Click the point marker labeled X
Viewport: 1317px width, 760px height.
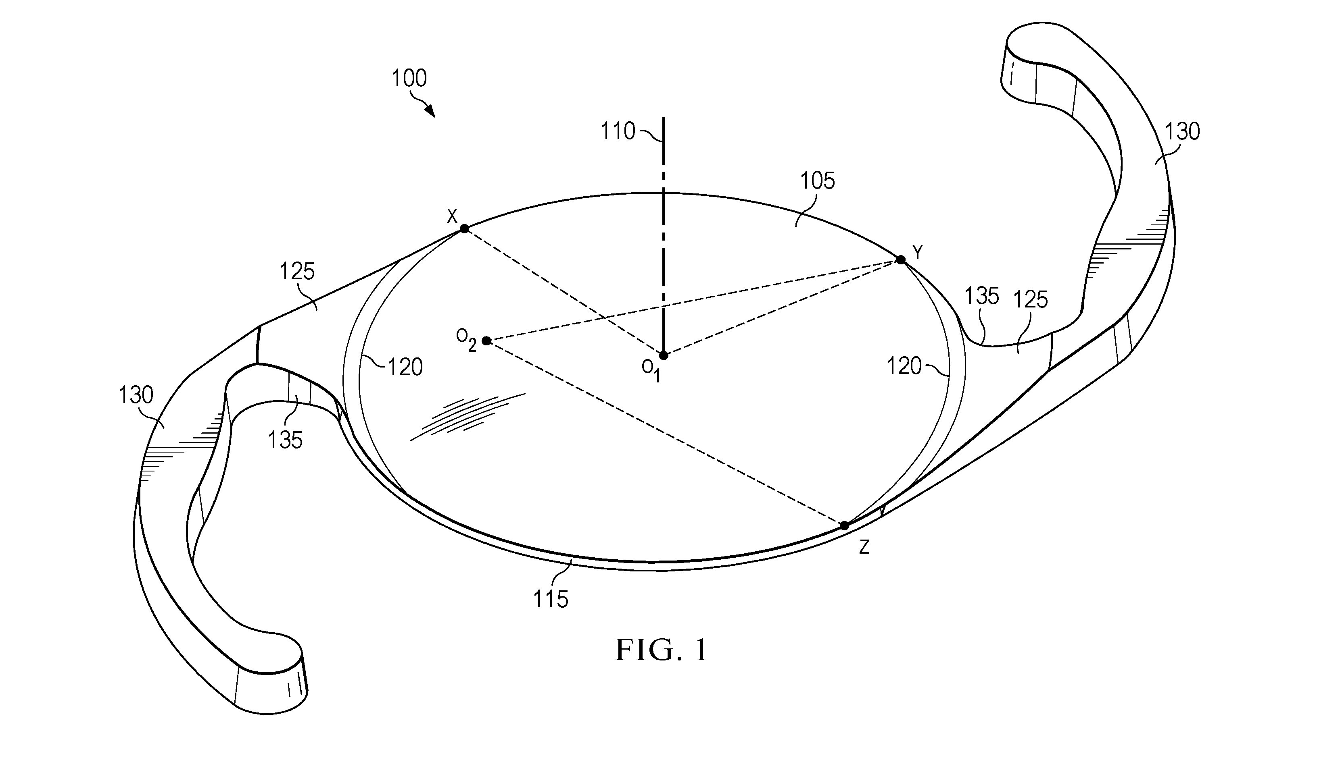pyautogui.click(x=464, y=228)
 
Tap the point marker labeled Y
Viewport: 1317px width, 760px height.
pyautogui.click(x=901, y=260)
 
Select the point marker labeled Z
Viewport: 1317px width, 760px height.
pyautogui.click(x=844, y=525)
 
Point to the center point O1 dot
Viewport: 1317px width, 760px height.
pyautogui.click(x=664, y=355)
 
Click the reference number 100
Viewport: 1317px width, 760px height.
pyautogui.click(x=409, y=78)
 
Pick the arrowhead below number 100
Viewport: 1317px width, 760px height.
pyautogui.click(x=430, y=111)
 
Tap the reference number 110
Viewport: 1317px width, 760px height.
pyautogui.click(x=618, y=131)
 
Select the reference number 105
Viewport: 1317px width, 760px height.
pyautogui.click(x=818, y=181)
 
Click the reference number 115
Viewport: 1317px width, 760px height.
pyautogui.click(x=551, y=599)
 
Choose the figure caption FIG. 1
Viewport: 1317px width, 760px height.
pyautogui.click(x=662, y=650)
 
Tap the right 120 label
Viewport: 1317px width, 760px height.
pyautogui.click(x=904, y=366)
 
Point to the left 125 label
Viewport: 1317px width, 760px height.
pyautogui.click(x=297, y=272)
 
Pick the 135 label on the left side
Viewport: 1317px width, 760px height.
pyautogui.click(x=285, y=440)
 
